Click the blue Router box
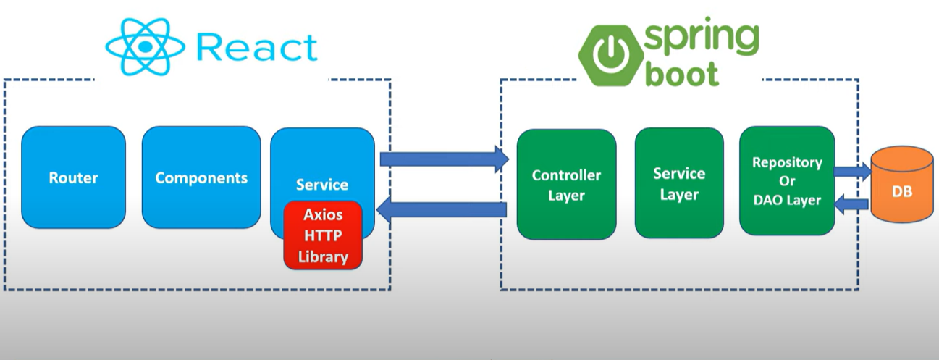coord(73,177)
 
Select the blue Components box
coord(201,177)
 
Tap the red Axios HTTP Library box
coord(323,235)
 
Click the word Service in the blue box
coord(322,185)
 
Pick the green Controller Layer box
coord(566,185)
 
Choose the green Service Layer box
coord(679,183)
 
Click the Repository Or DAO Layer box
coord(787,181)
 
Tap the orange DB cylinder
coord(902,185)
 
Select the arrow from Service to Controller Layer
coord(445,159)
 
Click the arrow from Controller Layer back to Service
coord(442,209)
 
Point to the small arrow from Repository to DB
coord(853,171)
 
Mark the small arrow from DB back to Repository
coord(851,204)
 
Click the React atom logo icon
coord(145,46)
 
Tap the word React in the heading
coord(256,47)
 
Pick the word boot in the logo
coord(682,74)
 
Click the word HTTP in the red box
coord(323,235)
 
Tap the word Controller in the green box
coord(566,175)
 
